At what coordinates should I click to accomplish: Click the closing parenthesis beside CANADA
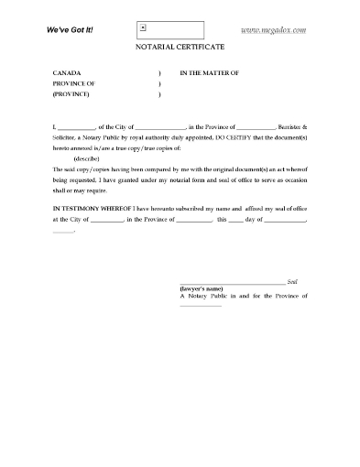(x=159, y=71)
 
